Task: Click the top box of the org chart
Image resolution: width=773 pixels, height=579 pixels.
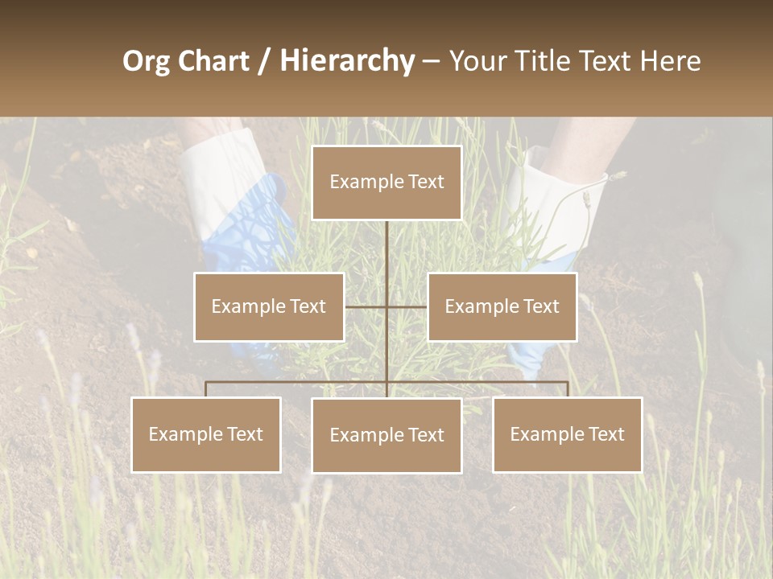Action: pos(386,183)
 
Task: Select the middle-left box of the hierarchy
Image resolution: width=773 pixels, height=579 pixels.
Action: pos(269,306)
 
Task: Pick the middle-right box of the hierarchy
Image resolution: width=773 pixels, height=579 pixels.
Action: pos(502,306)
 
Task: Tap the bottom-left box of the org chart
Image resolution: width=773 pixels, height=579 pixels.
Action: pos(206,434)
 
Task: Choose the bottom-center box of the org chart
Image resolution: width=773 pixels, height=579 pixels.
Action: pos(386,435)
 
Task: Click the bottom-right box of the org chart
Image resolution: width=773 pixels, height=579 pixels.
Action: pos(567,434)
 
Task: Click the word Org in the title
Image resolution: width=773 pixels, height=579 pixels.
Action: pos(146,61)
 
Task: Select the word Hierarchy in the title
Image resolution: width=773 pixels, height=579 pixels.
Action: pos(346,61)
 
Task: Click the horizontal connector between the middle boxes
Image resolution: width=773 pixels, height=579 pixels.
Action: pos(386,306)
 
